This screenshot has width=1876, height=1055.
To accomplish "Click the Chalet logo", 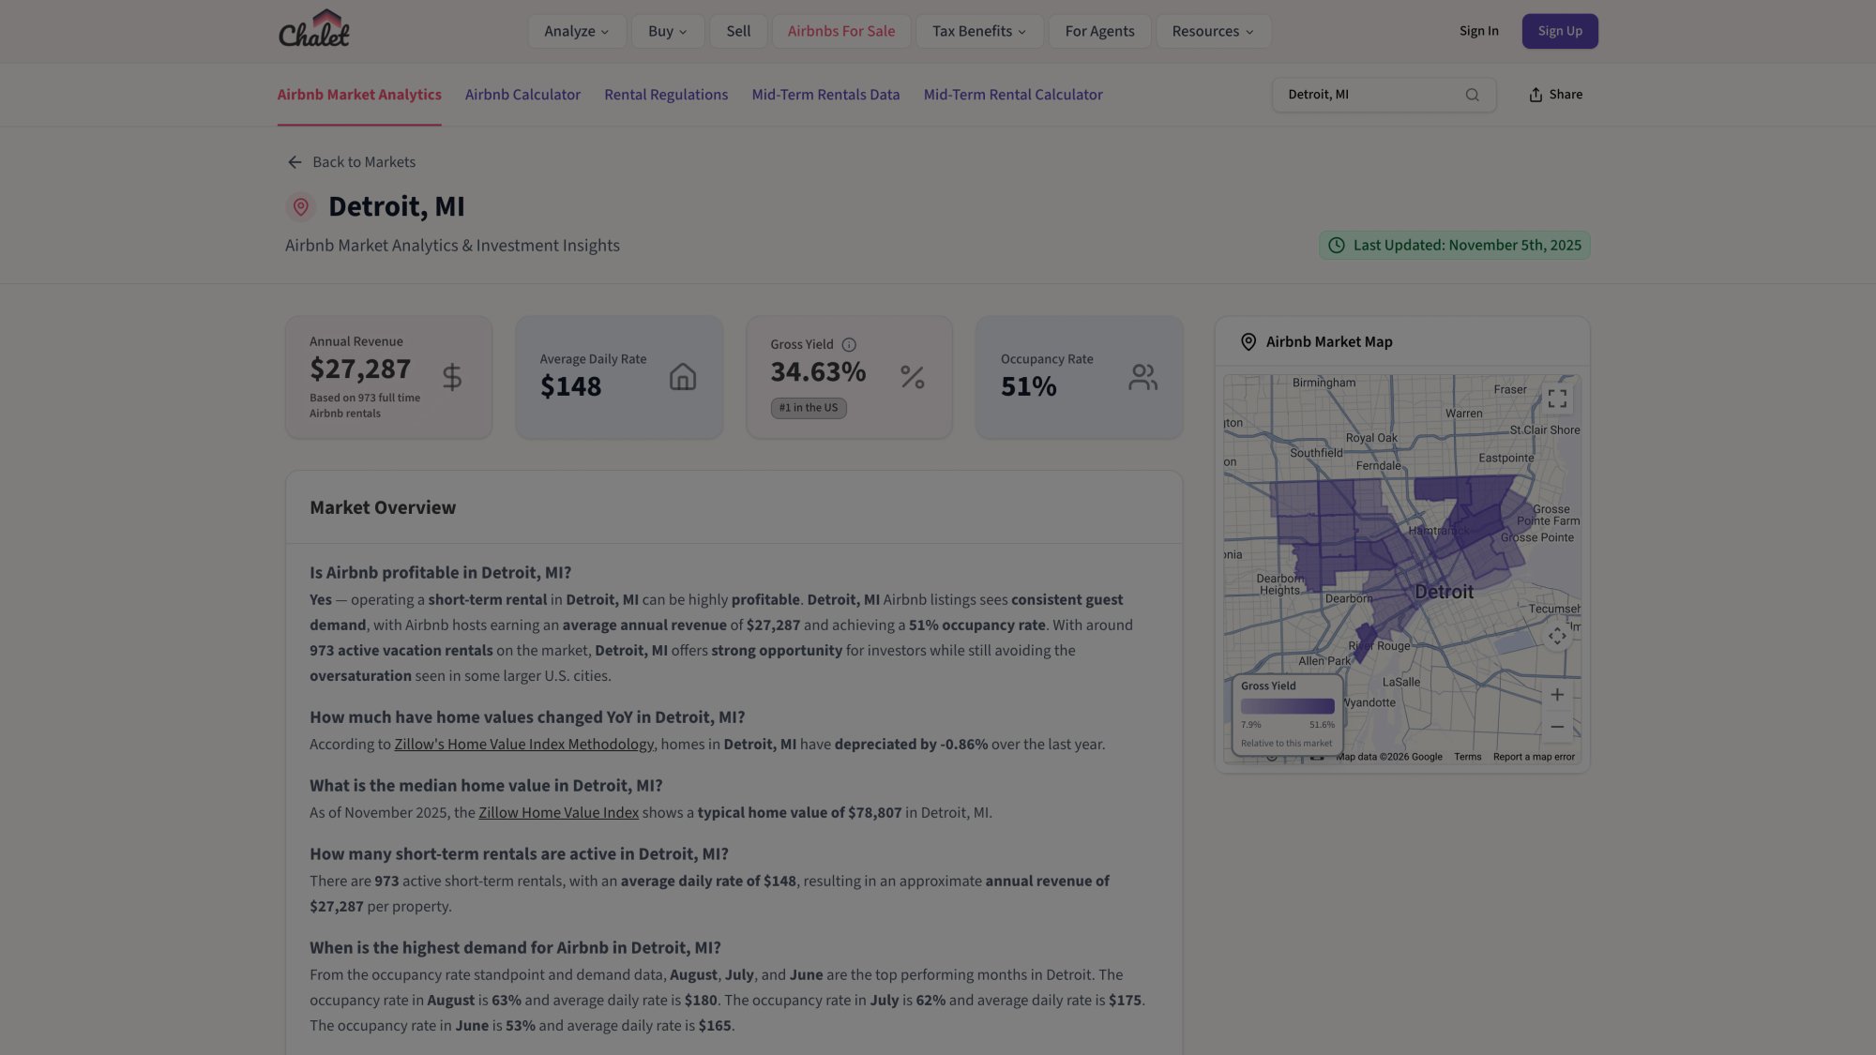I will (x=313, y=30).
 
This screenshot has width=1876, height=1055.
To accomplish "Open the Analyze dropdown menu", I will (x=576, y=31).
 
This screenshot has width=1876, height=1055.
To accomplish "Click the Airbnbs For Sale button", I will (x=840, y=31).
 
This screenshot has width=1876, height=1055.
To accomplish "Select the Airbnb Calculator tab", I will (x=522, y=95).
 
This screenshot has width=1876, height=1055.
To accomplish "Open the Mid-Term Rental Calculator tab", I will (x=1012, y=95).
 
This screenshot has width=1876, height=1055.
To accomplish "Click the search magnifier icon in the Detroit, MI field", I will (x=1472, y=95).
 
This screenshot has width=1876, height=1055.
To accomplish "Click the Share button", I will (x=1555, y=95).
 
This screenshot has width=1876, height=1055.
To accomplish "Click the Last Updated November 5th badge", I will (x=1454, y=246).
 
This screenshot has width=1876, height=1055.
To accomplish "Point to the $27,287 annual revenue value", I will (x=360, y=369).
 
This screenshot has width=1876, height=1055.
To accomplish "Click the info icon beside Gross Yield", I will (x=849, y=345).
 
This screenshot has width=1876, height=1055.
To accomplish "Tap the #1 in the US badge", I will (x=808, y=408).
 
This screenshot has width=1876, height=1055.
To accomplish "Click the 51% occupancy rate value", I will (x=1028, y=386).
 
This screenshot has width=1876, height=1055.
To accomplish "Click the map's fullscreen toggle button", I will (x=1557, y=399).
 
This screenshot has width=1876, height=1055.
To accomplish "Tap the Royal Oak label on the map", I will (x=1370, y=438).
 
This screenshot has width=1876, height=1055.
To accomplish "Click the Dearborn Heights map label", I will (x=1279, y=584).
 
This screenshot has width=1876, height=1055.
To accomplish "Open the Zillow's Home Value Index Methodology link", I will (x=523, y=745).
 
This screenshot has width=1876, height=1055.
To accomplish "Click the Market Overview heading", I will (x=383, y=507).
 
